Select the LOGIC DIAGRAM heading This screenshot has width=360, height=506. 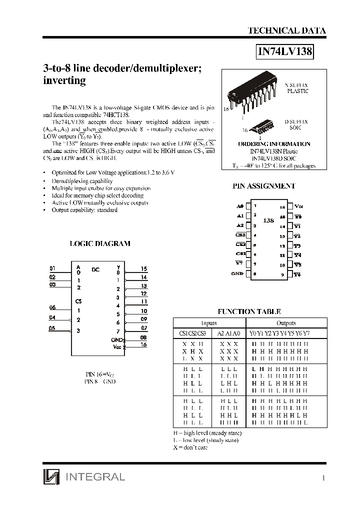tap(99, 243)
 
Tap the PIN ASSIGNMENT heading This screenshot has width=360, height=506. tap(264, 185)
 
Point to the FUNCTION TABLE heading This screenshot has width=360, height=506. tap(256, 311)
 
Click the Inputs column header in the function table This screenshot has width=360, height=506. tap(208, 323)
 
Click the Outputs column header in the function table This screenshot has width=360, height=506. tap(286, 323)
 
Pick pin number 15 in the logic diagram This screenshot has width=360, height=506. tap(144, 268)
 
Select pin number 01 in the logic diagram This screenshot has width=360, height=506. tap(52, 268)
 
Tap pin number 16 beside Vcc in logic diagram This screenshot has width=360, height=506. tap(144, 345)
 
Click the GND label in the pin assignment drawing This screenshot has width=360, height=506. tap(237, 273)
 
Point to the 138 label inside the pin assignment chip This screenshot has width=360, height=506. tap(268, 220)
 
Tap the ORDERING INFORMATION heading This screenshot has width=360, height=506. tap(273, 144)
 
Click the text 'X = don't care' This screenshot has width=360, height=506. tap(190, 447)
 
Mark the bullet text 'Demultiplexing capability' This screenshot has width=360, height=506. tap(82, 181)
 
